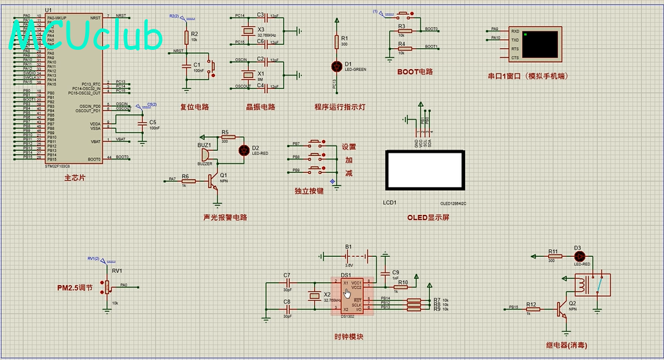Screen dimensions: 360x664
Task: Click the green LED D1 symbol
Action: (336, 66)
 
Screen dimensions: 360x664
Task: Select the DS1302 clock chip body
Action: (346, 296)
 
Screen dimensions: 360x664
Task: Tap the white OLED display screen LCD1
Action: (423, 170)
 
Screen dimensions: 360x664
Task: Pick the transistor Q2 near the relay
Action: (562, 309)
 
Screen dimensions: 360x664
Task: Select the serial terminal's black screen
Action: (540, 43)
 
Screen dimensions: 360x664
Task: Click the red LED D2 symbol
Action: (243, 150)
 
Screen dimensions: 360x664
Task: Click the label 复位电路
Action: (194, 107)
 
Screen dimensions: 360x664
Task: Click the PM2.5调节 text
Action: (74, 288)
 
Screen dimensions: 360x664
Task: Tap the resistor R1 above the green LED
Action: (336, 42)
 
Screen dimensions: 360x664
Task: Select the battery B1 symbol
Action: (349, 256)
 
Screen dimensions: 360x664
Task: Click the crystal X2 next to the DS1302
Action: (313, 295)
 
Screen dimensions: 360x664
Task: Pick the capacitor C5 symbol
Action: (141, 122)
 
